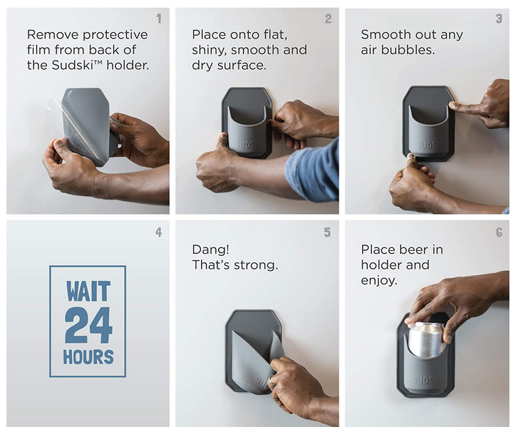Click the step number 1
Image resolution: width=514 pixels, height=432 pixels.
tap(159, 19)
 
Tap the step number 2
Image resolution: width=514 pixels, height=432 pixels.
tap(328, 19)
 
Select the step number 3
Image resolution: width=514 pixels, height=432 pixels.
tap(499, 19)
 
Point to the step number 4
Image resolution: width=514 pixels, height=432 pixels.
tap(159, 232)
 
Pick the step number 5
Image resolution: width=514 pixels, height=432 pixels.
tap(327, 232)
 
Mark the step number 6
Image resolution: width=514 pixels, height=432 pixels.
tap(499, 232)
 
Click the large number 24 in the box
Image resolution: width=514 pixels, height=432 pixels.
tap(88, 325)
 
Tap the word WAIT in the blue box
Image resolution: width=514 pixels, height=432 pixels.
tap(88, 291)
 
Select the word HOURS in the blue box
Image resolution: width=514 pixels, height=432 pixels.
tap(88, 357)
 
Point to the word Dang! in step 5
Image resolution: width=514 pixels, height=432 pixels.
tap(210, 250)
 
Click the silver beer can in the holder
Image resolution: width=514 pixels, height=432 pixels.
tap(426, 339)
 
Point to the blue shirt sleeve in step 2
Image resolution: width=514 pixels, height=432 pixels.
tap(313, 172)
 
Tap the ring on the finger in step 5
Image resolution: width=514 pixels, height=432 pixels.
tap(271, 379)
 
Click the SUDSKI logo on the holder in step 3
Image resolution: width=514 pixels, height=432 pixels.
tap(428, 145)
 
